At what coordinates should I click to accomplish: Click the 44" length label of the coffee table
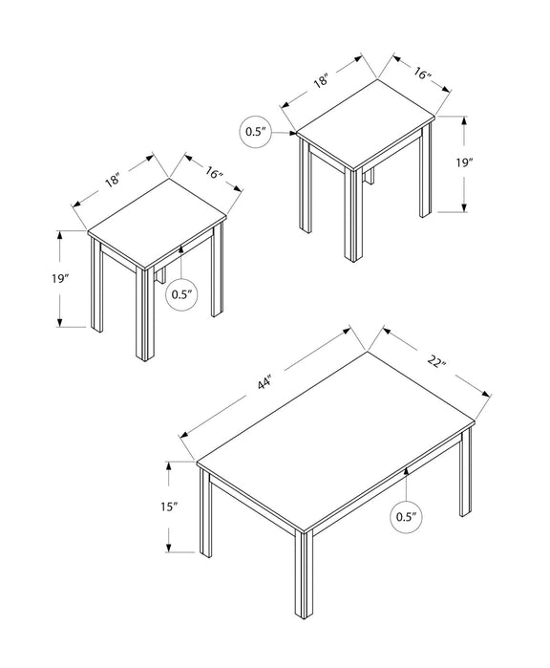264,383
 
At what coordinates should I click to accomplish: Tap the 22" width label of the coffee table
436,362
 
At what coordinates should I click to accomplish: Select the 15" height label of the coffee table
169,506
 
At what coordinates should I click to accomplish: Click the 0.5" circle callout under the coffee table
406,517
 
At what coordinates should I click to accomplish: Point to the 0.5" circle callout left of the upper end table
255,132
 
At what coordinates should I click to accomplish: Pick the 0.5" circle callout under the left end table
181,294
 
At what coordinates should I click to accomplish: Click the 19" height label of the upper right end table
464,162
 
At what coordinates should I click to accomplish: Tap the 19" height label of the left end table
60,279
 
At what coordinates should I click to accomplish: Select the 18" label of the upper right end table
322,80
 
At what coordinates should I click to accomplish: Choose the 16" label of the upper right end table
422,75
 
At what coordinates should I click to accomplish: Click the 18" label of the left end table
114,181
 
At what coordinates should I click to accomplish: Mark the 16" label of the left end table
214,173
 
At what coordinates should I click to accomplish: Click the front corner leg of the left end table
145,315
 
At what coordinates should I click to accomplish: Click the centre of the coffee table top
335,441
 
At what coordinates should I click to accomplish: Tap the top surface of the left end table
157,224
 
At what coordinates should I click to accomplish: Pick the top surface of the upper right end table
366,124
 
